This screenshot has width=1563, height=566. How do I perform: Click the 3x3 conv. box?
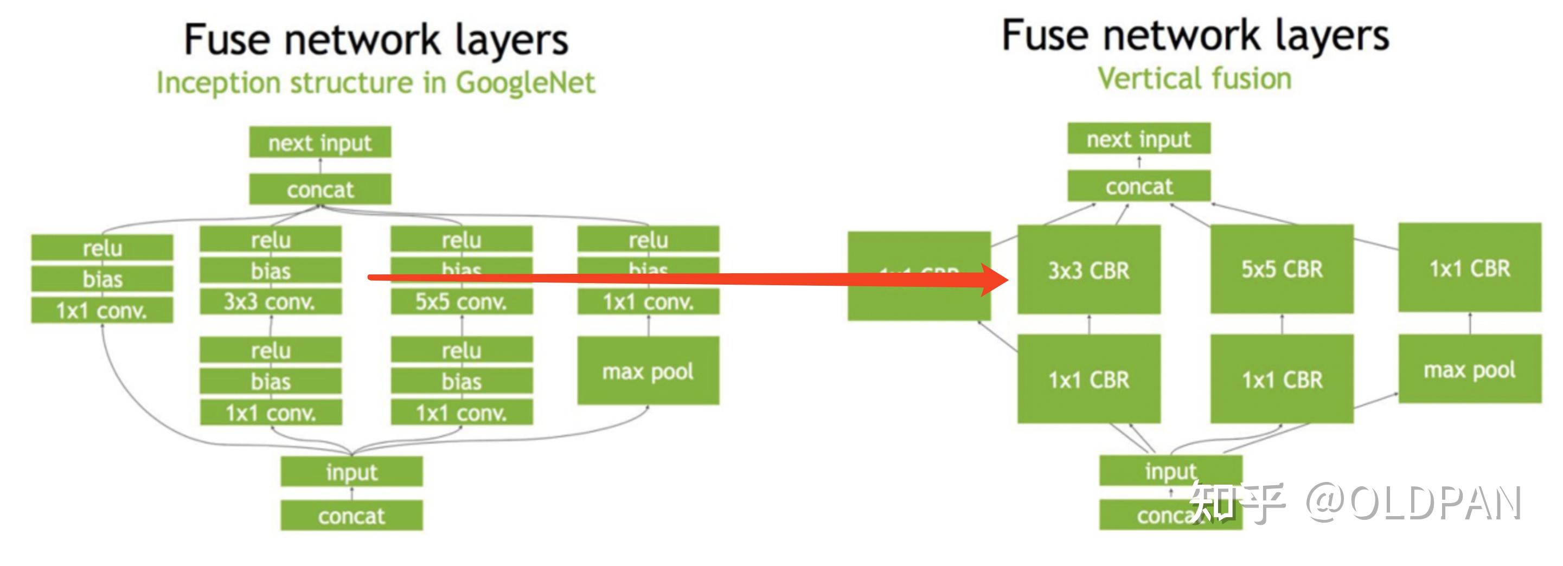[x=271, y=301]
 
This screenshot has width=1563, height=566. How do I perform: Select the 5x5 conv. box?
[x=461, y=301]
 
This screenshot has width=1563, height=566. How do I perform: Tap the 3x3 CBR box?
[x=1088, y=270]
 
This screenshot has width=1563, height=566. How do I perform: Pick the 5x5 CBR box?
[x=1282, y=269]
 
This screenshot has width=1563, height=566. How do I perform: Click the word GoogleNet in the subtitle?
[x=526, y=82]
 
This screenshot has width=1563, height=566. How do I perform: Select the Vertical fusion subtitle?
[x=1194, y=79]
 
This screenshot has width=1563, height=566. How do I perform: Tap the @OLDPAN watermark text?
[x=1414, y=503]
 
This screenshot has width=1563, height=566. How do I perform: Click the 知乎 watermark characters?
[x=1235, y=503]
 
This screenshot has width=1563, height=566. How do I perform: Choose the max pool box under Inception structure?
[x=648, y=371]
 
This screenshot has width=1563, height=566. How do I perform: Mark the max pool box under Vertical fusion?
[x=1470, y=369]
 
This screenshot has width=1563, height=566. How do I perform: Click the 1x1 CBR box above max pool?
[x=1470, y=267]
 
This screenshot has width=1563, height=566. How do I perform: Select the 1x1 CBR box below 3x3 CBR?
[x=1088, y=379]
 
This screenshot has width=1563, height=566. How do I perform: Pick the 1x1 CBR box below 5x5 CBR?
[x=1282, y=379]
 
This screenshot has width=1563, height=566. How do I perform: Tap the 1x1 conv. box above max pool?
[x=648, y=301]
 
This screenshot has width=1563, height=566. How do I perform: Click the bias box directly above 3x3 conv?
[x=271, y=271]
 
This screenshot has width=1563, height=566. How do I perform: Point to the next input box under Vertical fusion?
[x=1139, y=139]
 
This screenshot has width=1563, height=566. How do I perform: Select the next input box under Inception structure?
[x=320, y=143]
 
